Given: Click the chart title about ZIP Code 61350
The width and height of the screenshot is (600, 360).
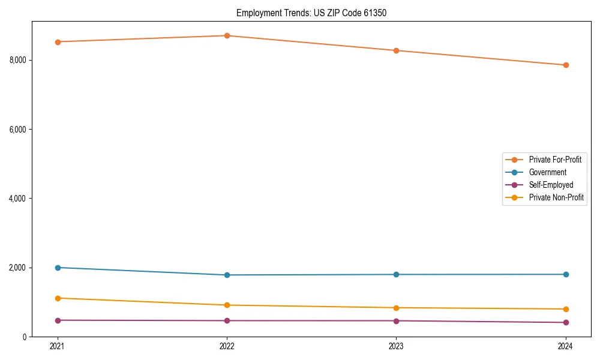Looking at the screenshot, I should [x=311, y=13].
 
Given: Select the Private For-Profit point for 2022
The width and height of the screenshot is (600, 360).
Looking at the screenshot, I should [x=227, y=36].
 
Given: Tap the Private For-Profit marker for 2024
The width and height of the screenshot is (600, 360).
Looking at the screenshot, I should [x=565, y=65].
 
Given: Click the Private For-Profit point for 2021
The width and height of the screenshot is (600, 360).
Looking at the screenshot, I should [x=58, y=42].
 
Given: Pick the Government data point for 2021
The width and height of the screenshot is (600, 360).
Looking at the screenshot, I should [x=58, y=268].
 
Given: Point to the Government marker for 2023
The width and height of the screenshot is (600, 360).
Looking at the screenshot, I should [x=396, y=275].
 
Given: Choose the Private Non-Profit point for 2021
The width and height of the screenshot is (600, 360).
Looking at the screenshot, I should [x=58, y=298].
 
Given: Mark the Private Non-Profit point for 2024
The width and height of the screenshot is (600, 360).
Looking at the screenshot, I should [x=565, y=309].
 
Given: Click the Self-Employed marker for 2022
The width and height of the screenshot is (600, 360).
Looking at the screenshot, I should [x=227, y=320].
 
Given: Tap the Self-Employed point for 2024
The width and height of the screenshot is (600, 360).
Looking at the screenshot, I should [x=565, y=322].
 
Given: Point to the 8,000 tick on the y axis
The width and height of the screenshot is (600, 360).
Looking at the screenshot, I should [x=18, y=60].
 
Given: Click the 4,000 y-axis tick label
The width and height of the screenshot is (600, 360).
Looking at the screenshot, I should [x=18, y=199].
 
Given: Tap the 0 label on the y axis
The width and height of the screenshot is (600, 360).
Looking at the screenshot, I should [x=25, y=337].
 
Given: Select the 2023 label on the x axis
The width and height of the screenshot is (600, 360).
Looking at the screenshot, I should [x=396, y=346].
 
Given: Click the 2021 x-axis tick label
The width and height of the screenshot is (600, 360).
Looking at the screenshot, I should [x=58, y=346].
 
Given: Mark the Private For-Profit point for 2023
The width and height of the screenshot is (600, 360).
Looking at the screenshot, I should [x=396, y=50].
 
